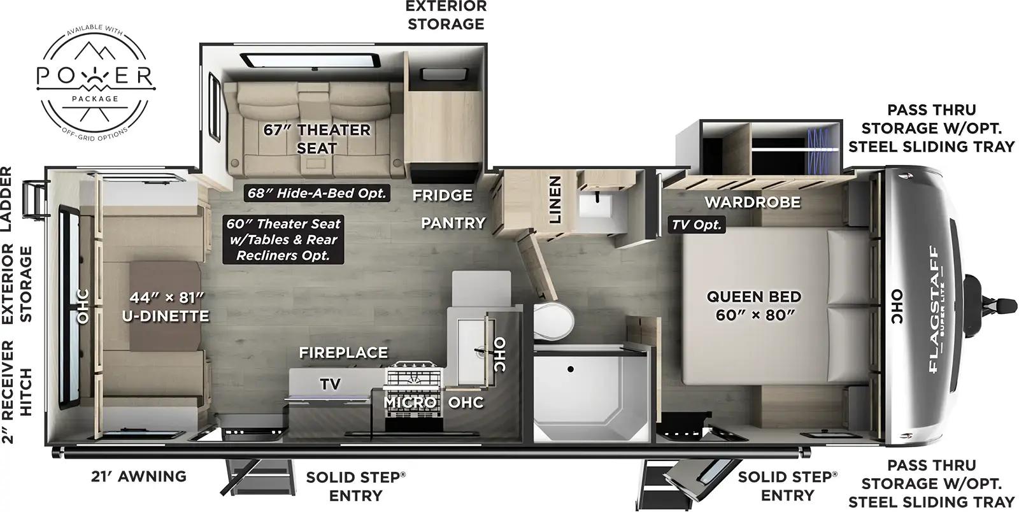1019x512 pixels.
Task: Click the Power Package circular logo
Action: (x=96, y=76)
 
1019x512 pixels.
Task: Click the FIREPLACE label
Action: (x=343, y=352)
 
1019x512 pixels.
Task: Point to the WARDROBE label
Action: (x=752, y=203)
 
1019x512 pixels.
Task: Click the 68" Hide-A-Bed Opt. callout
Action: (x=317, y=192)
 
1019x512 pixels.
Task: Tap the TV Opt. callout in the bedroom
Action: (x=697, y=224)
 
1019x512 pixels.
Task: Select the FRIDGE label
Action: (x=442, y=195)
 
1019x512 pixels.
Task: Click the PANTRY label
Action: (x=453, y=223)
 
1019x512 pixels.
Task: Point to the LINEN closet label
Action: (x=555, y=199)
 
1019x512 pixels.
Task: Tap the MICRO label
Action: (x=410, y=402)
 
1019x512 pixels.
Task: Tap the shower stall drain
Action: (x=571, y=369)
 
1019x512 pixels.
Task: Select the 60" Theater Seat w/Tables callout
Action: (x=283, y=240)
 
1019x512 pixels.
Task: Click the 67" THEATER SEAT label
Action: (x=317, y=138)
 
